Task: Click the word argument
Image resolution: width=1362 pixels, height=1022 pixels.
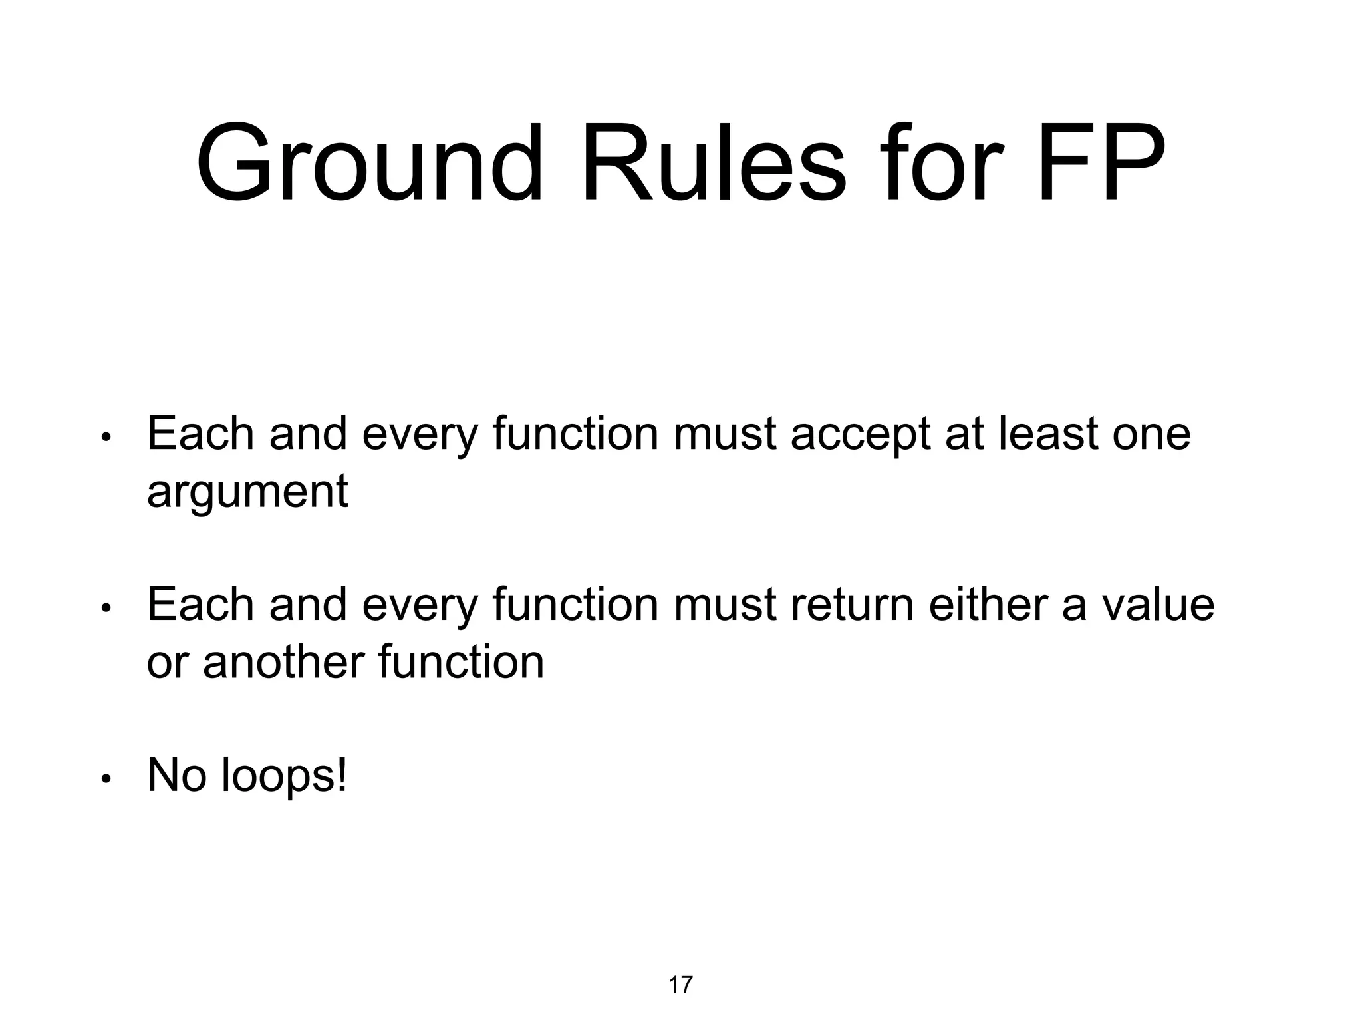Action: [x=247, y=492]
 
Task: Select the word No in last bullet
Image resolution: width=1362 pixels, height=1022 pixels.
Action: [x=176, y=775]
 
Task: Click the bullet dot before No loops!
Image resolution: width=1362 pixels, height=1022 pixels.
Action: [x=105, y=779]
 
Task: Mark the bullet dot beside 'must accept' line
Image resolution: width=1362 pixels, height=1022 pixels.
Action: [x=105, y=437]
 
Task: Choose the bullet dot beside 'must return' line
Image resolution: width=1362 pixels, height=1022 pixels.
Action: [x=105, y=608]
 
